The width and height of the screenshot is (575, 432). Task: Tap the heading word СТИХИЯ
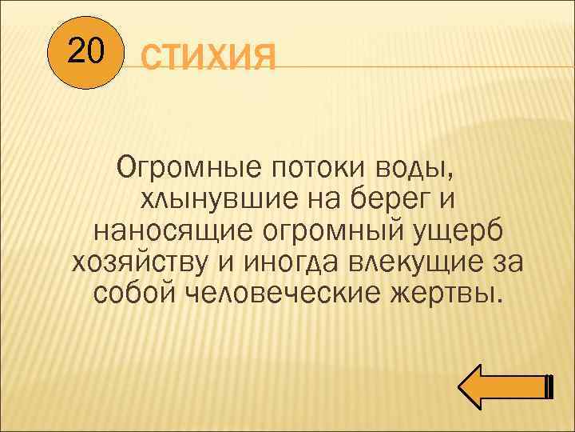[x=208, y=59]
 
